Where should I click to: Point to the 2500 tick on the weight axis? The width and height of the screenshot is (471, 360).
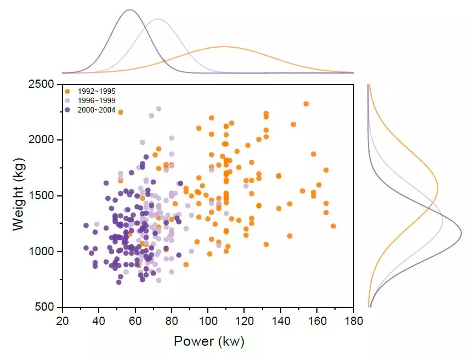pos(42,84)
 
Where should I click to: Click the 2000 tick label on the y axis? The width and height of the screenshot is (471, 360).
pos(42,140)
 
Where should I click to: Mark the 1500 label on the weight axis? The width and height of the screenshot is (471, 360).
pos(42,196)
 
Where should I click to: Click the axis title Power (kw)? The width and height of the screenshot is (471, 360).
pos(208,341)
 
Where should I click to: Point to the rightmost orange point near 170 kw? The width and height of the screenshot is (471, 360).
pos(333,226)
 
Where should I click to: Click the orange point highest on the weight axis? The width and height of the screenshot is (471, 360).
pos(306,104)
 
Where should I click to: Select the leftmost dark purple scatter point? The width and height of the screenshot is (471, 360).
pos(86,226)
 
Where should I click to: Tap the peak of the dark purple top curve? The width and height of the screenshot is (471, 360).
pos(130,10)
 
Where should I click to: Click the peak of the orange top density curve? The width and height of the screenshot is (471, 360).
pos(224,47)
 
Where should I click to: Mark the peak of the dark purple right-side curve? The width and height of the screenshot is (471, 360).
pos(461,234)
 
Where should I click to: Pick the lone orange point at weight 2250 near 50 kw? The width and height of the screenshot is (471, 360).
pos(121,112)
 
